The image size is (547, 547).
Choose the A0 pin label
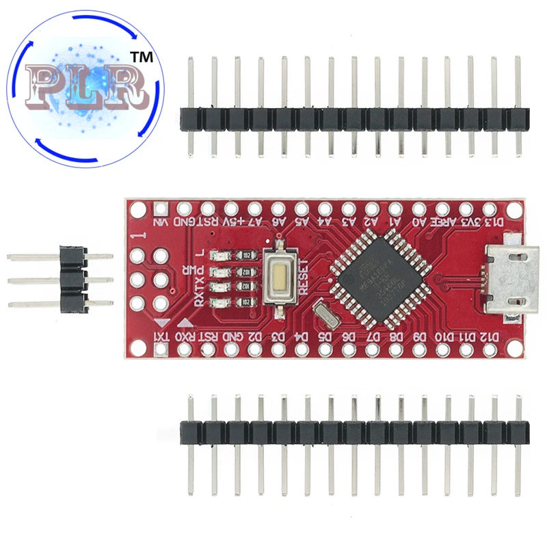(x=418, y=222)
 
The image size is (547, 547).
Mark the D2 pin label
(x=254, y=336)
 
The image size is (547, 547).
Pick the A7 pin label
(x=254, y=222)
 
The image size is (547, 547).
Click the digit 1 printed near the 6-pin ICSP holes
(x=142, y=236)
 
